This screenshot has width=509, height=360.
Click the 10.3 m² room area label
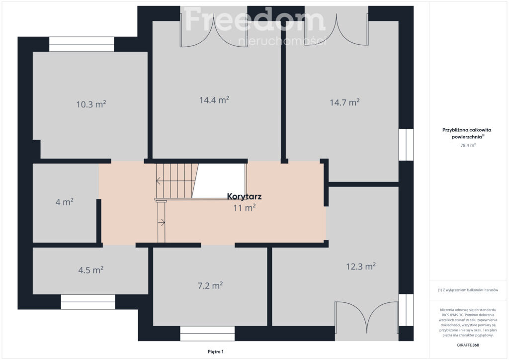[91, 104]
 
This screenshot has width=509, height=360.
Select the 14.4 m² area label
[214, 99]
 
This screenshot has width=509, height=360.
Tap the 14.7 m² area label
[345, 102]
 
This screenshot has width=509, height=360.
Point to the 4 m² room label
[65, 202]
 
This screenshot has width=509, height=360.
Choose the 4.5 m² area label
[91, 270]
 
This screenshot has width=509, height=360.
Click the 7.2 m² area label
[210, 285]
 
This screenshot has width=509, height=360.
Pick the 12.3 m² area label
[361, 267]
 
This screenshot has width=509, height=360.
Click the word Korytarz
[245, 196]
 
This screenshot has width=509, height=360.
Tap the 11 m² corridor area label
[245, 208]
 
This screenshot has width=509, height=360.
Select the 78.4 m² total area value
[468, 145]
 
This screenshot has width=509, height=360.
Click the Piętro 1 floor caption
[216, 352]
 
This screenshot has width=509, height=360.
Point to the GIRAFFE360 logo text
[468, 345]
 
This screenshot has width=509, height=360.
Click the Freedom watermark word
[255, 19]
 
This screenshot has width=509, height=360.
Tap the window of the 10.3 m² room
[82, 44]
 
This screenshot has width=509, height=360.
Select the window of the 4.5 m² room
[88, 302]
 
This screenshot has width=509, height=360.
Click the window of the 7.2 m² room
[207, 333]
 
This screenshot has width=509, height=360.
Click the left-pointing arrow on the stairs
[158, 181]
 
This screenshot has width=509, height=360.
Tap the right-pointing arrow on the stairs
[162, 223]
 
